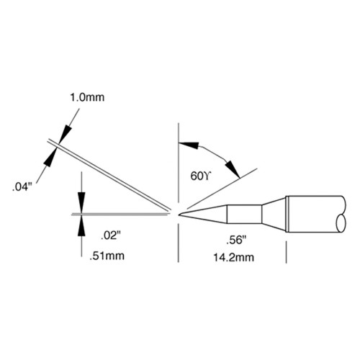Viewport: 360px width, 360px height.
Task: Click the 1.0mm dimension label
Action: point(87,98)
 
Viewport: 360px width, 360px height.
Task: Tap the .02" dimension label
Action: point(110,236)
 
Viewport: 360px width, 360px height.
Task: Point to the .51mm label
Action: point(107,256)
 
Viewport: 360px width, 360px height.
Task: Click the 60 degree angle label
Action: point(200,176)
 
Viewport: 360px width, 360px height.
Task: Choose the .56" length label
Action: point(237,240)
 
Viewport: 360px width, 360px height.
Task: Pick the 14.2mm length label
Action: point(234,258)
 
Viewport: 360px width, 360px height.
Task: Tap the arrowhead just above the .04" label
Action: point(50,157)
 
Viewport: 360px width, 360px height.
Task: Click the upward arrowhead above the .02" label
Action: point(82,226)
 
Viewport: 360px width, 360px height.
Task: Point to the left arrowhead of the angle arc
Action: point(189,145)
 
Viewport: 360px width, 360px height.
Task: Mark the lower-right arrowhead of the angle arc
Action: point(233,169)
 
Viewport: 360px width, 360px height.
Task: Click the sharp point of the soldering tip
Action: point(179,215)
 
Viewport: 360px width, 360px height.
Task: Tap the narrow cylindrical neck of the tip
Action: point(244,214)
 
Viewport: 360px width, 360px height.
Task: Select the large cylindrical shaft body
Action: point(315,215)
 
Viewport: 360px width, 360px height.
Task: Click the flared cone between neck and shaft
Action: point(274,214)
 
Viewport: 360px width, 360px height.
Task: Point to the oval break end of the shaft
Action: point(341,223)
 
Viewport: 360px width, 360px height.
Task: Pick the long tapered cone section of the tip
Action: point(204,215)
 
